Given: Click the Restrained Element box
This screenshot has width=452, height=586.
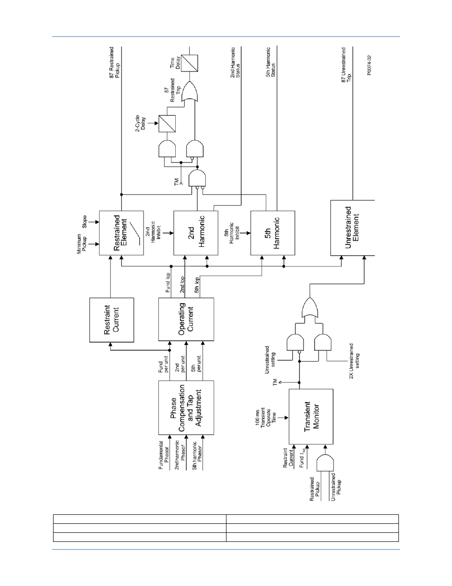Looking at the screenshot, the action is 121,233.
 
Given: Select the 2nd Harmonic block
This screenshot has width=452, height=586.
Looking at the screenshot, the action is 196,233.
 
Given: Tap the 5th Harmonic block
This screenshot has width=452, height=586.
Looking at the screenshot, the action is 273,233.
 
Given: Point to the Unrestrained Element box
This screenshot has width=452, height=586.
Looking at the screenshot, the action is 353,228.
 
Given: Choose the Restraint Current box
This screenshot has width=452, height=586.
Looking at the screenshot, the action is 111,320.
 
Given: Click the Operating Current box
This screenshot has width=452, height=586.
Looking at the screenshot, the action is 186,319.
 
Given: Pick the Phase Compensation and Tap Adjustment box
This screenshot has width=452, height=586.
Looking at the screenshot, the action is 186,408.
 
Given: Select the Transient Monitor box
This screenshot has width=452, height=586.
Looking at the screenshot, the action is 311,417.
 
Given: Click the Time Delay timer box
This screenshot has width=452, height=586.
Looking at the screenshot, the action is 189,63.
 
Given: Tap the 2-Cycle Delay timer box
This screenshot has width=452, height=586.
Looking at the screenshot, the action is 167,124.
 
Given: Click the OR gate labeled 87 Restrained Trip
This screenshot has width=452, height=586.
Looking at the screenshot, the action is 190,92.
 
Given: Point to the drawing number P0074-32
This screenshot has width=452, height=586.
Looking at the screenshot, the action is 369,65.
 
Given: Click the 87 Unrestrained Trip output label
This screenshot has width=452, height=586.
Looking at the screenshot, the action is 346,65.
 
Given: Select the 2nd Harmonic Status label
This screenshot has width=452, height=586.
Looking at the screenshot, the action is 235,63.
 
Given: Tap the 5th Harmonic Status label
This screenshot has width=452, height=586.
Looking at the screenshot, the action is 271,62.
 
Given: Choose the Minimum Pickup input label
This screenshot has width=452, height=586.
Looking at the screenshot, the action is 81,244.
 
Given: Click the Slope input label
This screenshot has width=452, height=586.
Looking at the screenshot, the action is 84,222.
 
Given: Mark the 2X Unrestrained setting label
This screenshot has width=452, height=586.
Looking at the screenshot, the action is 354,361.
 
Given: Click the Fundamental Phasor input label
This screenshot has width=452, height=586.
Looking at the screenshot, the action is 163,455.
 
